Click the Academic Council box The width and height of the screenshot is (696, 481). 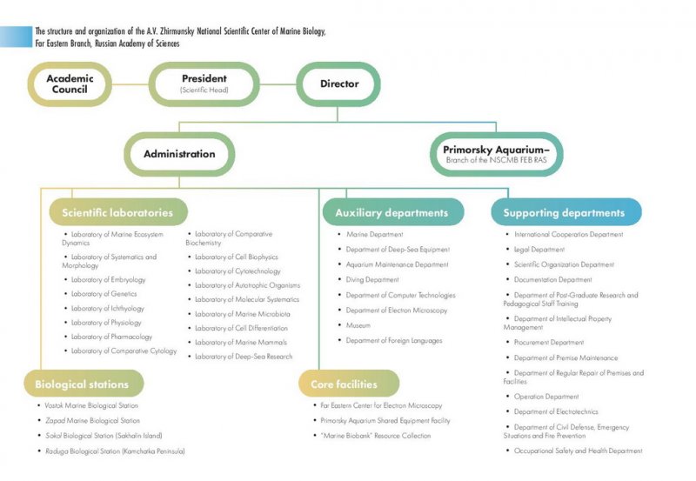point(70,84)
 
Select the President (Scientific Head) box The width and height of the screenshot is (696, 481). point(204,84)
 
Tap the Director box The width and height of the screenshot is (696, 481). point(339,84)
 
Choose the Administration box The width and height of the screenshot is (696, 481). point(179,154)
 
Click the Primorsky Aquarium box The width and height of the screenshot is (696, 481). point(497,154)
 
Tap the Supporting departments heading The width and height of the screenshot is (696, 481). point(564,212)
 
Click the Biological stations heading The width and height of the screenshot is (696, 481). point(82,384)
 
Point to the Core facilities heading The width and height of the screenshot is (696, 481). point(349,384)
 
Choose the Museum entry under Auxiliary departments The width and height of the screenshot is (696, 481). point(358,324)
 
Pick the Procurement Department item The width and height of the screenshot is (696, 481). point(549,343)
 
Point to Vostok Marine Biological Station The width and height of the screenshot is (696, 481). point(92,405)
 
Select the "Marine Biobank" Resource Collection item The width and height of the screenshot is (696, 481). point(376,435)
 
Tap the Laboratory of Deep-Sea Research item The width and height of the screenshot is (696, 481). point(244,357)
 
